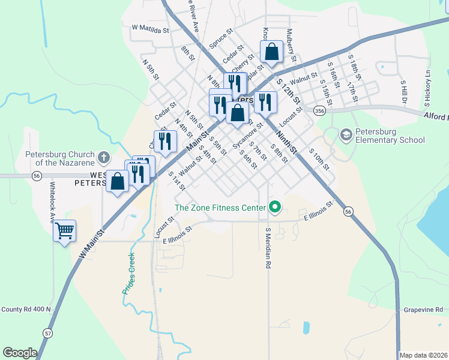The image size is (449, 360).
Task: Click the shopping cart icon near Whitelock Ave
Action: [64, 230]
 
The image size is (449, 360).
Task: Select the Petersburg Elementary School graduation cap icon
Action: [346, 135]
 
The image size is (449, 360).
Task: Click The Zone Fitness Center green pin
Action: [275, 208]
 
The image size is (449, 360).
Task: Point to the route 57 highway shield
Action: [47, 332]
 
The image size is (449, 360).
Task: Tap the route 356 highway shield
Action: [320, 110]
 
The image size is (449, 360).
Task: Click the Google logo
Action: [20, 353]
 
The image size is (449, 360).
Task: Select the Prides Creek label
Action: [128, 275]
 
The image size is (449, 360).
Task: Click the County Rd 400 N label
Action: [26, 310]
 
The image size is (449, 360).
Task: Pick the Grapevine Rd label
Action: [424, 310]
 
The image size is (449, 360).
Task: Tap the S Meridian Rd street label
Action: [268, 247]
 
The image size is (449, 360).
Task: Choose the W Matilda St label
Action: [151, 28]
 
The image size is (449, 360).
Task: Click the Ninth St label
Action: [287, 142]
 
